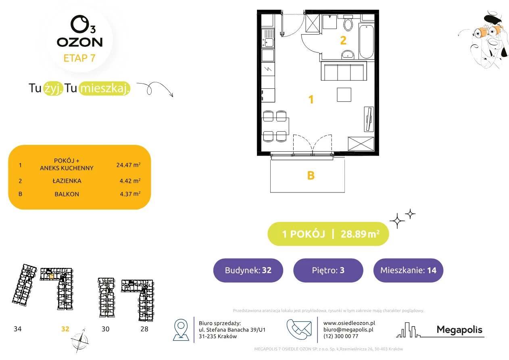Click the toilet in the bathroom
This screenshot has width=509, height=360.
pos(348,23)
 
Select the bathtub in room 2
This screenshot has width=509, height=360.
pos(366,42)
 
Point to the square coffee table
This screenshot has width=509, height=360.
pos(344,94)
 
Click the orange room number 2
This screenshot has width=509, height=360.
pos(343,40)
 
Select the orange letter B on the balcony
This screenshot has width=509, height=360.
pos(311,176)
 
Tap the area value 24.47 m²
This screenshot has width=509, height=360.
pos(128,165)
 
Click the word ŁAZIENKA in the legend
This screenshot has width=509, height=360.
pos(67,181)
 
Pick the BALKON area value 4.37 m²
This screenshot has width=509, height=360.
pos(130,194)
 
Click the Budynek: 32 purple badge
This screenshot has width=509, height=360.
pos(248,270)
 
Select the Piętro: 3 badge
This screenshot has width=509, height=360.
pos(328,270)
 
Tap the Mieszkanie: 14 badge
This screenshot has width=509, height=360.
pos(408,270)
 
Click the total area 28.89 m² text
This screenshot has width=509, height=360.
pos(360,234)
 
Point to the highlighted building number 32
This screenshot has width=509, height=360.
pos(65,329)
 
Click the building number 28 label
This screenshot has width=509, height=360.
pos(144,329)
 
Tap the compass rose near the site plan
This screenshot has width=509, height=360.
pos(80,341)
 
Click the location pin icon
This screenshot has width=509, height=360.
pos(181,329)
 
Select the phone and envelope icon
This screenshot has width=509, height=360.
pos(299,329)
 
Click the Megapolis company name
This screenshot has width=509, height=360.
pos(459,329)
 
